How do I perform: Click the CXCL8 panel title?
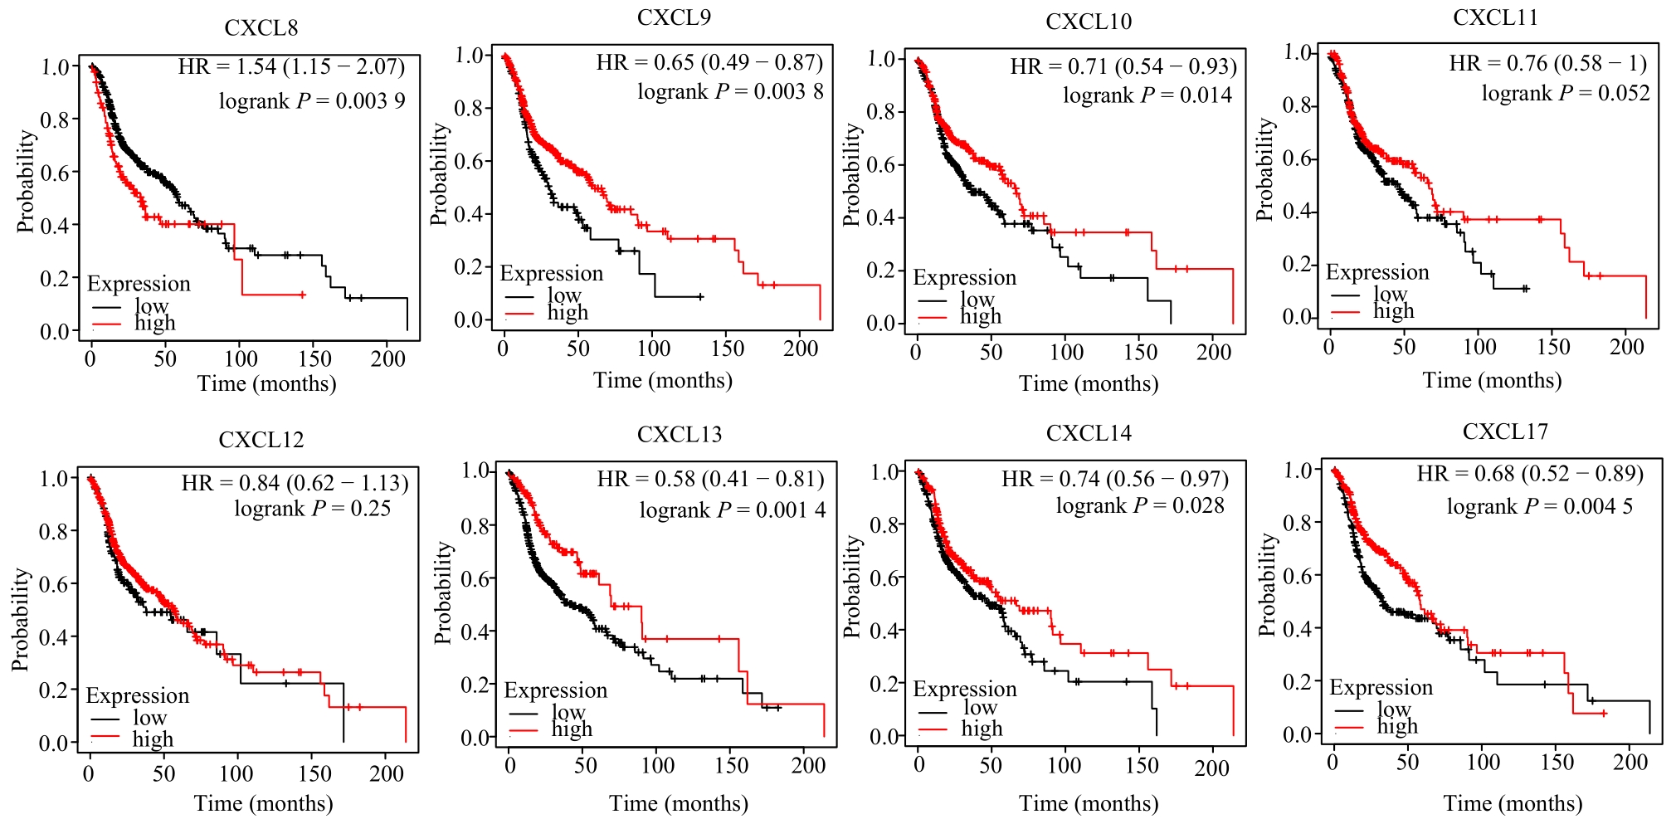(261, 28)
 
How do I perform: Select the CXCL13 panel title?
(680, 435)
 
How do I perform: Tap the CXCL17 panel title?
(1505, 432)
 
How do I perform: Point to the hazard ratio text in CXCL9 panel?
(709, 63)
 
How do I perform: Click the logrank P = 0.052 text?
(1566, 94)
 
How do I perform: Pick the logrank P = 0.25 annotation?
(312, 509)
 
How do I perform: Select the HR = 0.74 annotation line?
(1114, 480)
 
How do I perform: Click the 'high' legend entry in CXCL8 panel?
(155, 323)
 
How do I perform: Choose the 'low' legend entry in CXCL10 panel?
(977, 299)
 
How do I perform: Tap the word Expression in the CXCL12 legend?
(138, 695)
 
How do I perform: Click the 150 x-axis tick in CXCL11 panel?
(1553, 347)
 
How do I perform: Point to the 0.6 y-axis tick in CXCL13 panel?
(475, 578)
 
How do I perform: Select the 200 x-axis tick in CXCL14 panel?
(1211, 767)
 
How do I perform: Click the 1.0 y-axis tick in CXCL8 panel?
(56, 66)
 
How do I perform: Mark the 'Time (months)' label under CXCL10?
(1089, 384)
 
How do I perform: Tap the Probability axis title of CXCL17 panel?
(1267, 585)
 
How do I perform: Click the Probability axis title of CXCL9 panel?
(440, 174)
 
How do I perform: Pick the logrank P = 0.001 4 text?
(733, 510)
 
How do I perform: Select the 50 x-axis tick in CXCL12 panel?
(163, 773)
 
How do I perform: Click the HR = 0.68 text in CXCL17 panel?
(1530, 474)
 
